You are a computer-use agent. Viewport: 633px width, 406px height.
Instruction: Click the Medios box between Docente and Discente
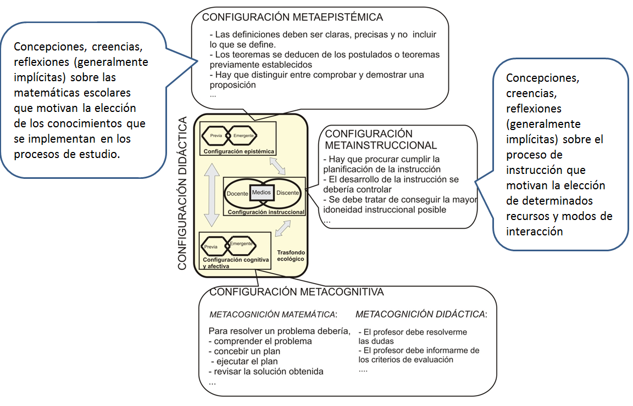click(x=262, y=192)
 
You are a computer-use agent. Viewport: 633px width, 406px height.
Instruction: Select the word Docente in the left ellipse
click(x=237, y=193)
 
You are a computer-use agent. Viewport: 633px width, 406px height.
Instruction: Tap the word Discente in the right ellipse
click(x=288, y=193)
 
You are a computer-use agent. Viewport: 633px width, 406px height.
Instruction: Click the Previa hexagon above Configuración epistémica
click(x=215, y=136)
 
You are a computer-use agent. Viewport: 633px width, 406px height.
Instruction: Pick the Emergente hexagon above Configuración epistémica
click(x=243, y=136)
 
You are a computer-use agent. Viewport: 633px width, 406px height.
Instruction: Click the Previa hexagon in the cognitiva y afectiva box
click(x=211, y=247)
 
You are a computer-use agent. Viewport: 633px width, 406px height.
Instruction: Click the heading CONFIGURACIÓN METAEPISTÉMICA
click(x=292, y=17)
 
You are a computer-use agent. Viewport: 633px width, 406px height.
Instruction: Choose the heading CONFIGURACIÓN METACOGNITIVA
click(x=297, y=292)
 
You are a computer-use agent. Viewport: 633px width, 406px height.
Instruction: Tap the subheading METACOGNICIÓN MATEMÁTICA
click(x=273, y=315)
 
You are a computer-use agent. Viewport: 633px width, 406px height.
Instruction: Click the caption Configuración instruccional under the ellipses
click(x=266, y=212)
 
